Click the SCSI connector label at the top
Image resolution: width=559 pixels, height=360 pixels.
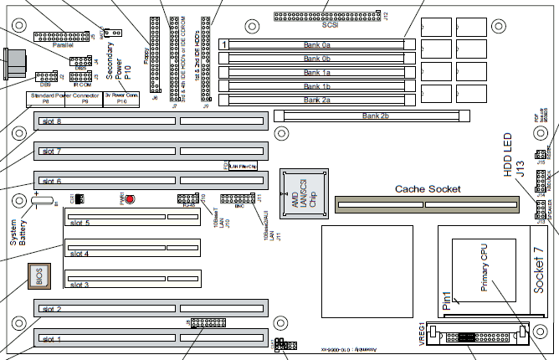tap(316, 27)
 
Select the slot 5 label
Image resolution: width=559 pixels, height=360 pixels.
tap(80, 223)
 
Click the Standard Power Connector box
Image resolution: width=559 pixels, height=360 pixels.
tap(59, 100)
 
